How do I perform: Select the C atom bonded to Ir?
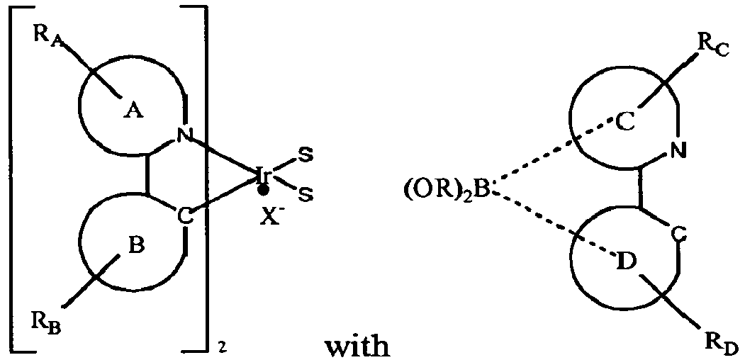(184, 215)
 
